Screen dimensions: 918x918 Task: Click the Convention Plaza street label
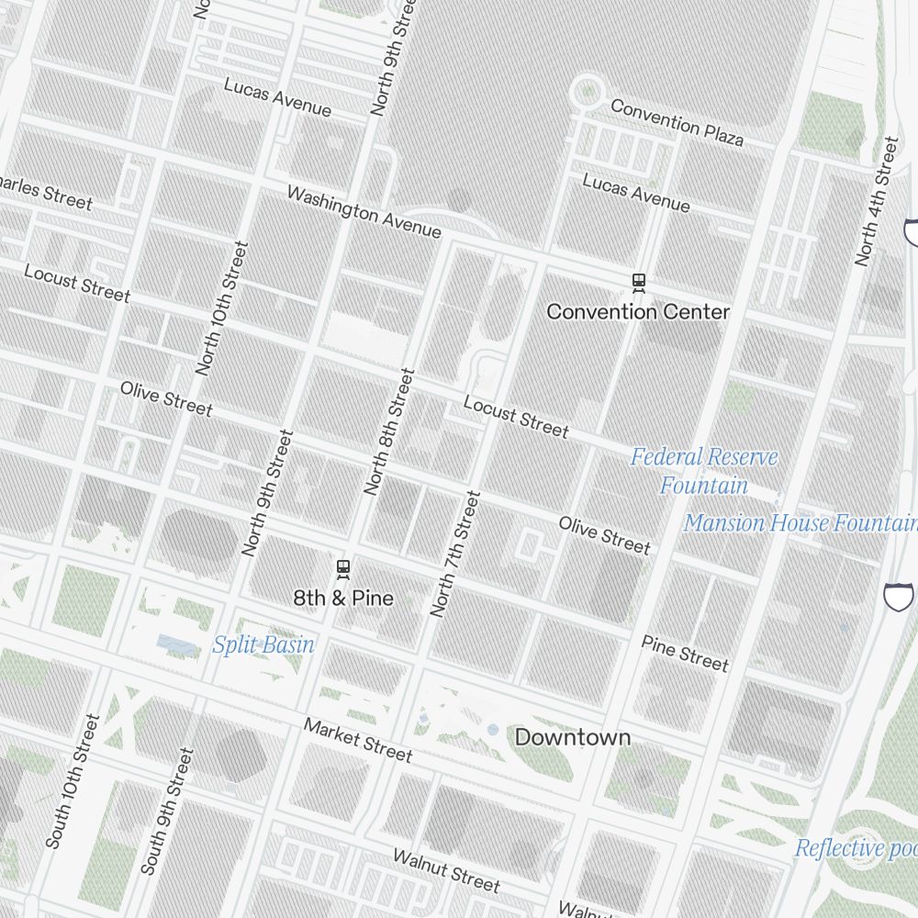tap(677, 122)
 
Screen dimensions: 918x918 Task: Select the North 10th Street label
tap(222, 308)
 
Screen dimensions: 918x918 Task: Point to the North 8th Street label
tap(389, 431)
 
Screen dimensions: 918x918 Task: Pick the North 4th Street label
tap(877, 202)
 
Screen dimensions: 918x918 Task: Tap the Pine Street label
tap(685, 653)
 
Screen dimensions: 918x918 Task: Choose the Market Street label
tap(358, 740)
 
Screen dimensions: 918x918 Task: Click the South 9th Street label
tap(167, 811)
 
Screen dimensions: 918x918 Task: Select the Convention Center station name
tap(638, 312)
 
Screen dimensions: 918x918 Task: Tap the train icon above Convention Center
tap(639, 283)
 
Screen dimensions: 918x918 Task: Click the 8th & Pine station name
tap(343, 599)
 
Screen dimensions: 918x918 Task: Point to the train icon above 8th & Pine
tap(343, 569)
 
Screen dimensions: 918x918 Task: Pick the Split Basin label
tap(263, 645)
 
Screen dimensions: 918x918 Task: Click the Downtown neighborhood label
tap(573, 737)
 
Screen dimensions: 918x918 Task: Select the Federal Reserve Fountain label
tap(704, 471)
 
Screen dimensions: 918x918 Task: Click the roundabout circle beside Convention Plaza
tap(586, 91)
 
